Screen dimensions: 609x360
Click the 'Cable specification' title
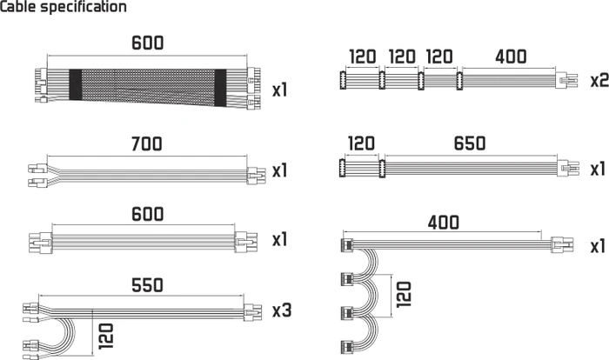(64, 7)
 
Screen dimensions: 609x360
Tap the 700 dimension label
(146, 143)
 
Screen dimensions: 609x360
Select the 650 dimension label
(470, 143)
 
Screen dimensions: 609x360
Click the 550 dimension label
(147, 285)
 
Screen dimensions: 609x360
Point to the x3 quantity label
(282, 310)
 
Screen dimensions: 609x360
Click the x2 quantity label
(599, 80)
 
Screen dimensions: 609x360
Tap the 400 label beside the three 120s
(511, 57)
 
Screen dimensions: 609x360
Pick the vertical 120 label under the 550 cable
(105, 336)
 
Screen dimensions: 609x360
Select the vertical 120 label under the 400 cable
(404, 295)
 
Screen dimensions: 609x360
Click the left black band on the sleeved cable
(76, 84)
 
